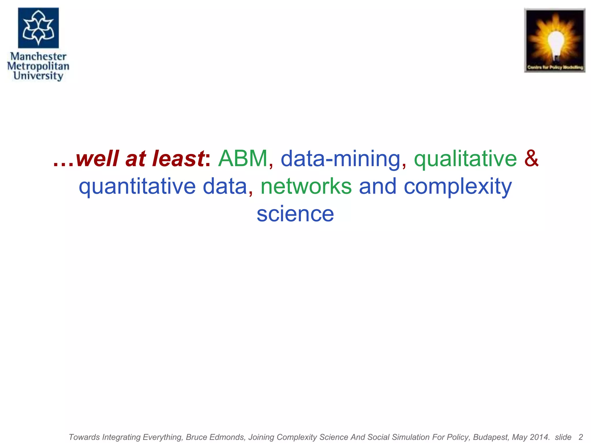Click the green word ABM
(243, 159)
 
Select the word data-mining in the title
(341, 159)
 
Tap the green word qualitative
(465, 159)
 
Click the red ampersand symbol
(531, 159)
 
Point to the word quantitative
(137, 187)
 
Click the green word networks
(306, 186)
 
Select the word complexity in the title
(458, 187)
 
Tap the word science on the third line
(295, 214)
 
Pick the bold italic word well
(97, 159)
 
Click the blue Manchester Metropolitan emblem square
(38, 28)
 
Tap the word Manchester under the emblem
(38, 56)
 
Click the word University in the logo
(38, 76)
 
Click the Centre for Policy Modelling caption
(555, 67)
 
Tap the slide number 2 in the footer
(581, 437)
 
